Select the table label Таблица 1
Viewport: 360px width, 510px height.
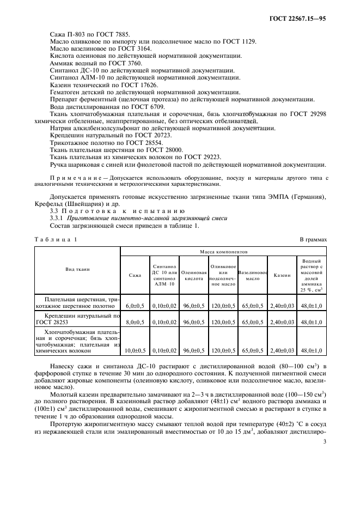click(56, 239)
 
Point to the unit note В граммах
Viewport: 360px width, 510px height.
click(313, 239)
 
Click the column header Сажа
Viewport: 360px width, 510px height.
click(135, 275)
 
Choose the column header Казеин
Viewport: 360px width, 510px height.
click(282, 275)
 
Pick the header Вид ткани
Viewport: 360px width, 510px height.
click(77, 269)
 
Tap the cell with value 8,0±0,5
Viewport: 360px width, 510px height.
click(135, 322)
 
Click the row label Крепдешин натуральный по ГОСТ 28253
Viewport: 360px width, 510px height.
click(77, 319)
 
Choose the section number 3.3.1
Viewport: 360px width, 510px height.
click(58, 217)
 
